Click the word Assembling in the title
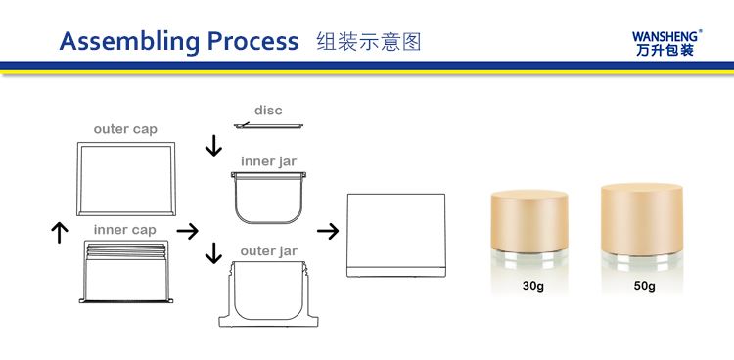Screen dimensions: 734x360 click(x=129, y=42)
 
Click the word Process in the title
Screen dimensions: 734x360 click(x=252, y=41)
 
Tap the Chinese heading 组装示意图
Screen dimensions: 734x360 click(x=369, y=41)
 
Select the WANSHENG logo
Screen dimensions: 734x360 click(x=667, y=43)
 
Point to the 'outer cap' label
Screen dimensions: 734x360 click(x=125, y=129)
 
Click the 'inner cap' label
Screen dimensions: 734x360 click(x=125, y=230)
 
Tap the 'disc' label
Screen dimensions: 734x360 click(x=269, y=111)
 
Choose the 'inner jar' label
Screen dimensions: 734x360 click(x=269, y=161)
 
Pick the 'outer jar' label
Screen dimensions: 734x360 click(x=269, y=251)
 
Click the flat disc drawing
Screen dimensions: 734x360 click(x=269, y=125)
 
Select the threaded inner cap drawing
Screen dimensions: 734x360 click(x=126, y=272)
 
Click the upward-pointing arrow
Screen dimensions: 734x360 click(x=60, y=233)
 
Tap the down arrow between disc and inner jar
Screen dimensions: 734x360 click(x=213, y=145)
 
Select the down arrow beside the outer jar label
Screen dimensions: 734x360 click(x=213, y=252)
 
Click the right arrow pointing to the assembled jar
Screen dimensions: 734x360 click(x=328, y=231)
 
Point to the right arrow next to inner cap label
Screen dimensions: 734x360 click(x=187, y=231)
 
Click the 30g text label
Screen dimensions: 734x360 click(x=533, y=286)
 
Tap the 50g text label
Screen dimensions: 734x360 click(x=645, y=286)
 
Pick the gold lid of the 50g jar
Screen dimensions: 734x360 click(x=642, y=219)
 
